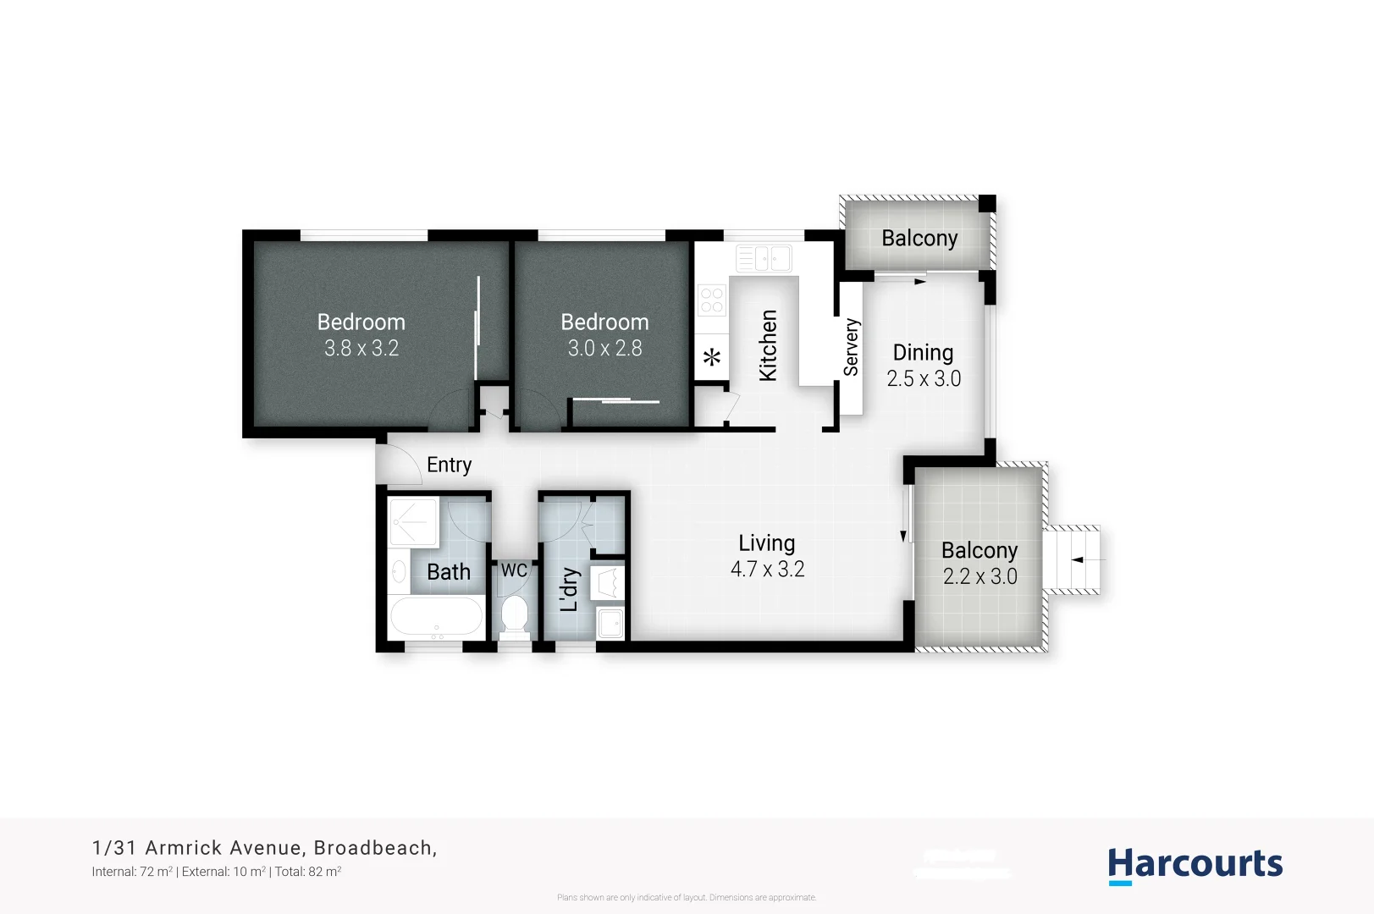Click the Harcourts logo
[x=1195, y=866]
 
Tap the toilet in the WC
[x=514, y=615]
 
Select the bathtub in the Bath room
[x=436, y=617]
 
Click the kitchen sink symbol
[x=763, y=258]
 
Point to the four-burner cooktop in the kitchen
[x=711, y=300]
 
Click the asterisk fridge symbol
[x=712, y=357]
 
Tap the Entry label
[x=449, y=465]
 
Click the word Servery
[x=851, y=347]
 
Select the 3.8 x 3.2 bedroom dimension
[x=361, y=348]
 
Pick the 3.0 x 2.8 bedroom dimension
[x=604, y=348]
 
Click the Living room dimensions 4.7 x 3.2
[x=767, y=569]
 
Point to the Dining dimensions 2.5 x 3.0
[x=924, y=378]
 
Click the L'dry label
[x=570, y=589]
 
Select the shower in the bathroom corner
[x=413, y=522]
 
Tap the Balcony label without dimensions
[x=919, y=239]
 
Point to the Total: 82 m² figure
[x=307, y=872]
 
